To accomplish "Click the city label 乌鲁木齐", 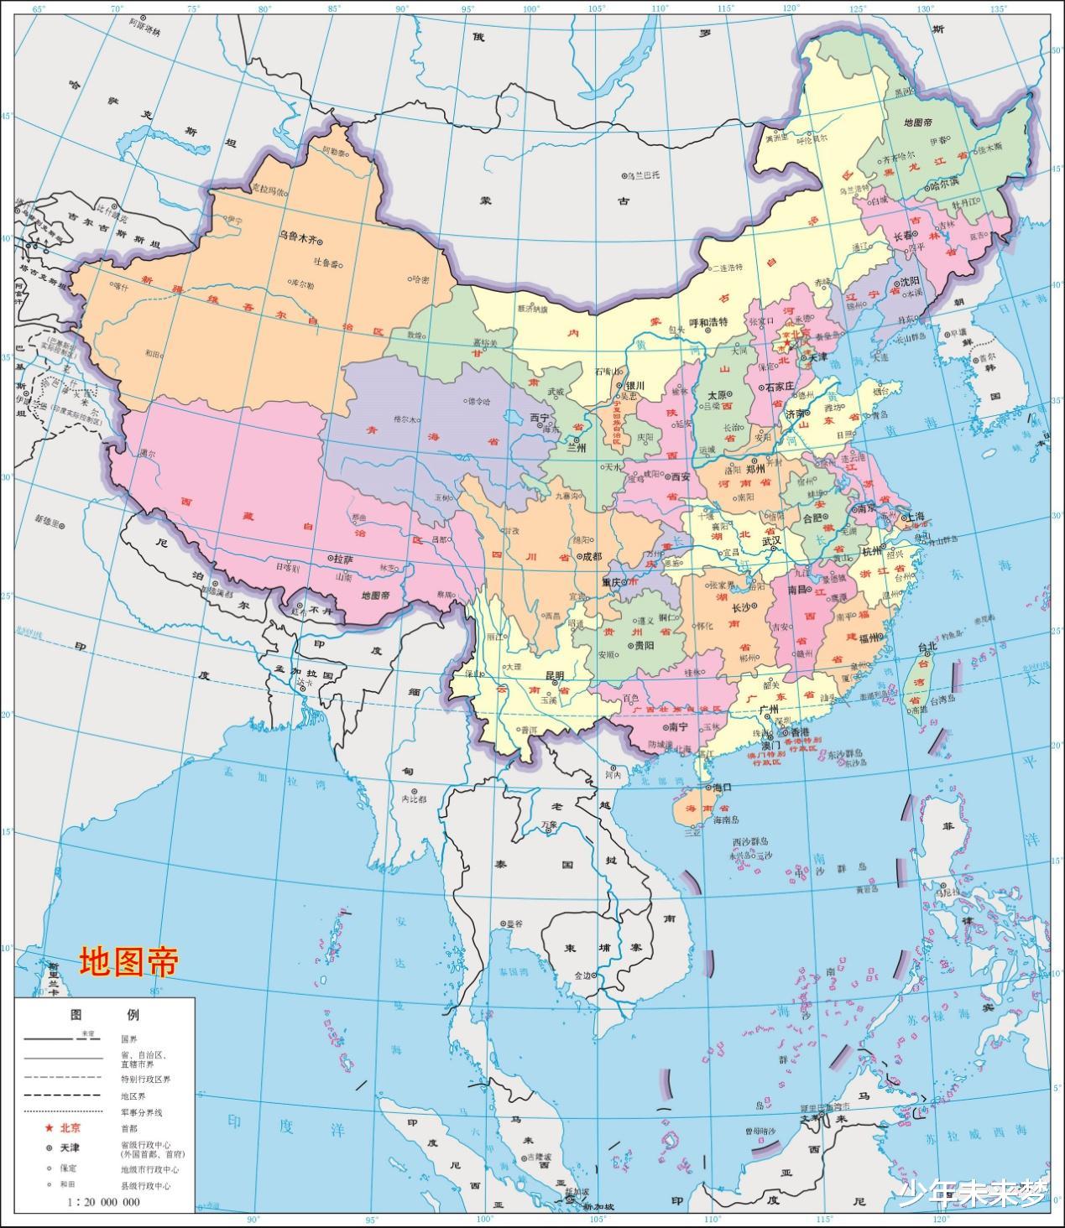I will click(x=298, y=238).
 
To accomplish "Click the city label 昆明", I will click(x=556, y=675).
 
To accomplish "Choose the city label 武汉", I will click(x=771, y=541).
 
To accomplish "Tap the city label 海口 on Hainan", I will click(x=723, y=788).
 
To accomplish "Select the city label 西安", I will click(x=680, y=476).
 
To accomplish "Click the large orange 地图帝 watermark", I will click(x=129, y=962).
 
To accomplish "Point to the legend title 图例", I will click(x=105, y=1015).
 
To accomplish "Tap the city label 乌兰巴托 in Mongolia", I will click(x=645, y=175).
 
